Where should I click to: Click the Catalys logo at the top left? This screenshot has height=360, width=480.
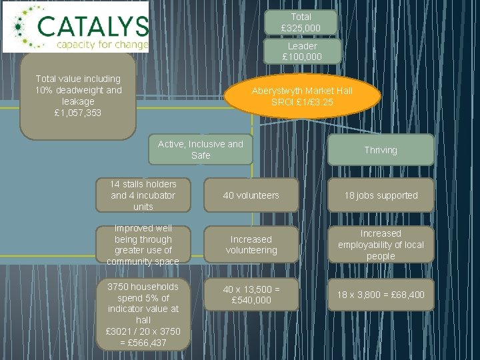[x=75, y=27]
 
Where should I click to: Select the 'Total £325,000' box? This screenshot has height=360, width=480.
[x=301, y=22]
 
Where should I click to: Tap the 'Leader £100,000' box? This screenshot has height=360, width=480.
[x=302, y=52]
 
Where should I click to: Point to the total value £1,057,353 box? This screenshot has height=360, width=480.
[x=78, y=96]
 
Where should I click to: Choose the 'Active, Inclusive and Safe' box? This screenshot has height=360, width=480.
[x=200, y=149]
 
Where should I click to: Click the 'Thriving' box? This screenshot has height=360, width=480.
[x=380, y=150]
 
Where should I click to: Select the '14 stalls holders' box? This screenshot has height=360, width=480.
[x=143, y=195]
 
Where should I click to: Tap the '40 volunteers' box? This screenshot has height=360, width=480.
[x=251, y=195]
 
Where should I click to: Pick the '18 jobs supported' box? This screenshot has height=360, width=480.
[x=380, y=195]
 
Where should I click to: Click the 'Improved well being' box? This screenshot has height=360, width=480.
[x=143, y=245]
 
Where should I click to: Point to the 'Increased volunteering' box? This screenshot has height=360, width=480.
[x=251, y=245]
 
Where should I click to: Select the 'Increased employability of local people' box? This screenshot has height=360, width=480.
[x=380, y=245]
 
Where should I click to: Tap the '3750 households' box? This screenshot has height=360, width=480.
[x=143, y=314]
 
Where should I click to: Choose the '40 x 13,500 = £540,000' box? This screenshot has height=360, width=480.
[x=251, y=294]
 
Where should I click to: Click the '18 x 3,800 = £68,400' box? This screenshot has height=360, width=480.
[x=380, y=294]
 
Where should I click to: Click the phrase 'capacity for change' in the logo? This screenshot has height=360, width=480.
[x=101, y=45]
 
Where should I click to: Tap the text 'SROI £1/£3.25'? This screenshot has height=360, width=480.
[x=302, y=102]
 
